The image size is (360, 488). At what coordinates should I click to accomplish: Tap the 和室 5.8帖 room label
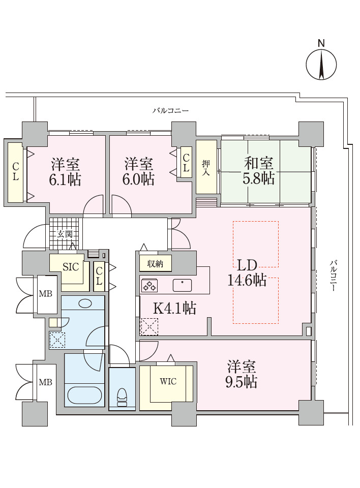259,171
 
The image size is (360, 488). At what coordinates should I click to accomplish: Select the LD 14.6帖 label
247,273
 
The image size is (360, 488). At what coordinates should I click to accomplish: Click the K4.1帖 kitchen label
175,308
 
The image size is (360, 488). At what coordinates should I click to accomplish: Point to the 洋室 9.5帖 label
242,375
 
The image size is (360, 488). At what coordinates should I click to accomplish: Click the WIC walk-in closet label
168,381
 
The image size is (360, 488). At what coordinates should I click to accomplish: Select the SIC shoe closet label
71,267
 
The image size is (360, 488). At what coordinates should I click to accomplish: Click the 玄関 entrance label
65,234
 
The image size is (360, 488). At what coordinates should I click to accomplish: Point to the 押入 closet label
206,168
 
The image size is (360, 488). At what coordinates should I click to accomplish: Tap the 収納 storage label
155,264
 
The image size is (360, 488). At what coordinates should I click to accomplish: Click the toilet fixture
122,396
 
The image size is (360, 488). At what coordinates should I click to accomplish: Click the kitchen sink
182,285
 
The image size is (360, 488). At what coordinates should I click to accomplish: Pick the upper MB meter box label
45,293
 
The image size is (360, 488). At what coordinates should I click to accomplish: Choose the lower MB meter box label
45,382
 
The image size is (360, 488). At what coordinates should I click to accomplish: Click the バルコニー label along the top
171,111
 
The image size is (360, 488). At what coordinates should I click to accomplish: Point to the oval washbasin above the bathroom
85,303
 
